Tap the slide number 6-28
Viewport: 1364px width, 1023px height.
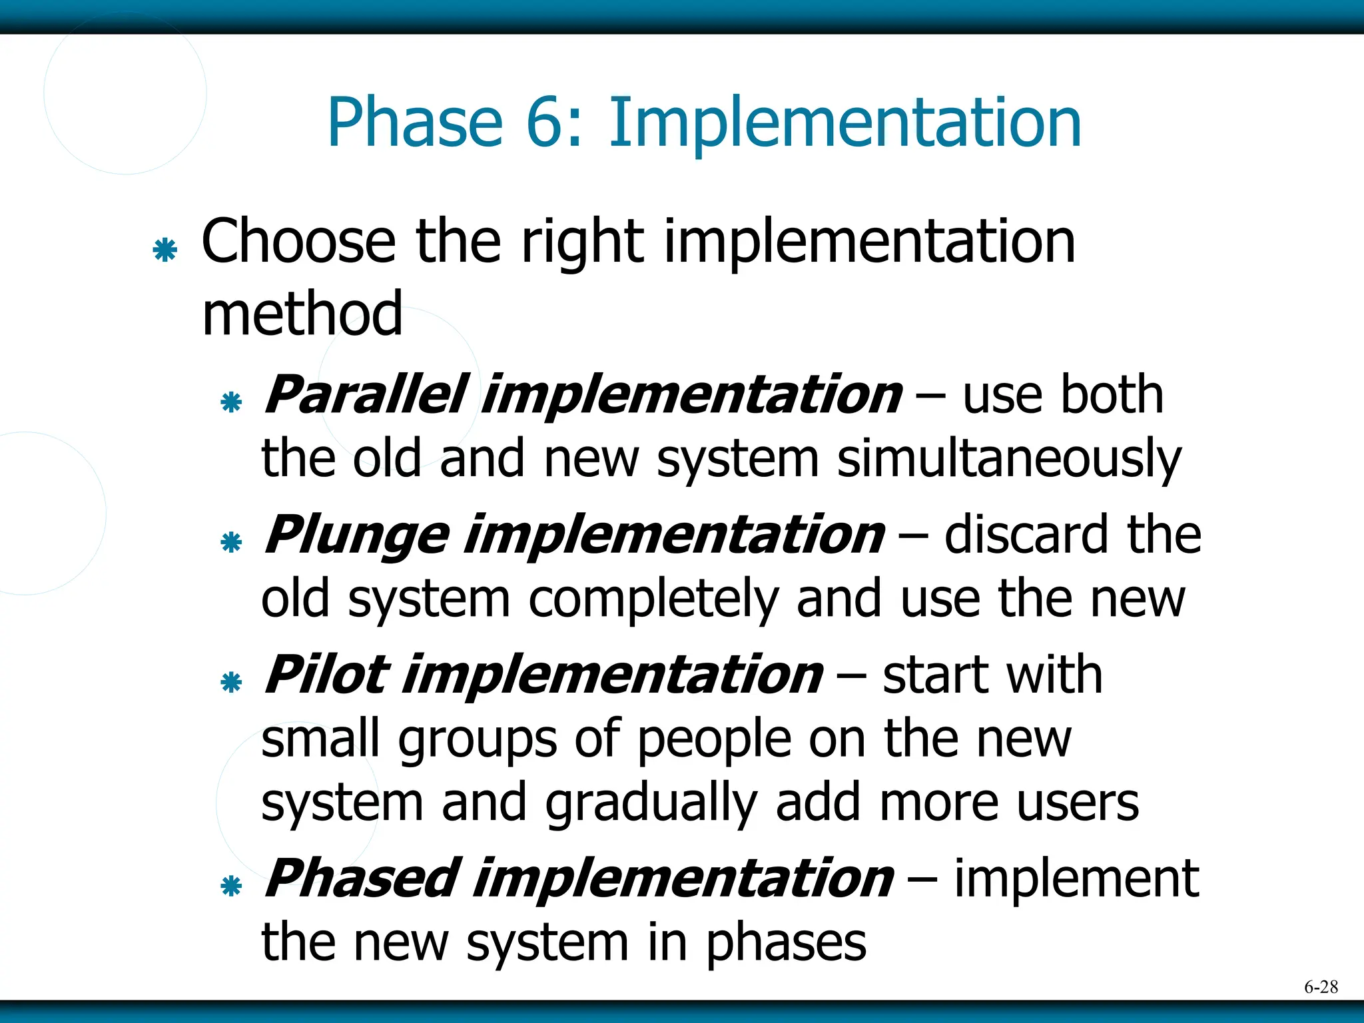tap(1321, 987)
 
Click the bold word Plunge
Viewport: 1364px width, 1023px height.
tap(357, 535)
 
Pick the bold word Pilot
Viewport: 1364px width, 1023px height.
tap(326, 675)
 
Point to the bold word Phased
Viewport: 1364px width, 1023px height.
tap(363, 878)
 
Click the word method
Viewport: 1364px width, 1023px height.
tap(302, 314)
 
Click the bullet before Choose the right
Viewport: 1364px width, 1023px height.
tap(165, 250)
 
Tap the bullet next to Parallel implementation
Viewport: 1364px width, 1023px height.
tap(231, 402)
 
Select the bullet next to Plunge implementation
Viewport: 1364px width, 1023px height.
tap(231, 542)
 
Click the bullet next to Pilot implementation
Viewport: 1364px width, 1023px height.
tap(231, 682)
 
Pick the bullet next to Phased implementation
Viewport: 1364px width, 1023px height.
tap(231, 886)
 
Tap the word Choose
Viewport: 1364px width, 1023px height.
tap(298, 242)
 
